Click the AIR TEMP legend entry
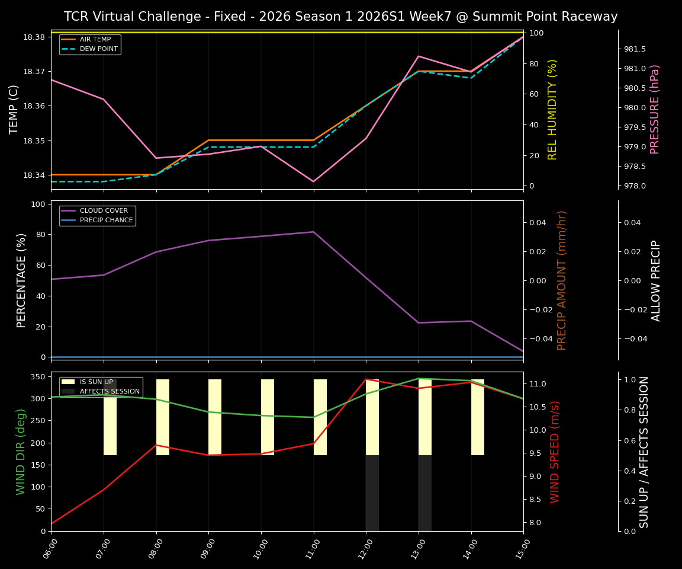click(x=95, y=39)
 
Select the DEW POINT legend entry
click(x=98, y=49)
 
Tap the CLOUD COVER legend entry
click(x=104, y=210)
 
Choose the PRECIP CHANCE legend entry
click(x=106, y=220)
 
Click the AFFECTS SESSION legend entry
click(x=109, y=391)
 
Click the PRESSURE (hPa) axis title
click(x=655, y=109)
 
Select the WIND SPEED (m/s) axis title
click(x=555, y=452)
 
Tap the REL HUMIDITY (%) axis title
click(x=552, y=109)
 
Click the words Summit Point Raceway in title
click(x=537, y=17)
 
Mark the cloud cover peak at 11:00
click(x=313, y=232)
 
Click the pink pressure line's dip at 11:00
click(x=313, y=181)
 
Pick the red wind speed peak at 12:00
click(x=366, y=379)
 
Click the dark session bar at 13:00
click(x=424, y=493)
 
